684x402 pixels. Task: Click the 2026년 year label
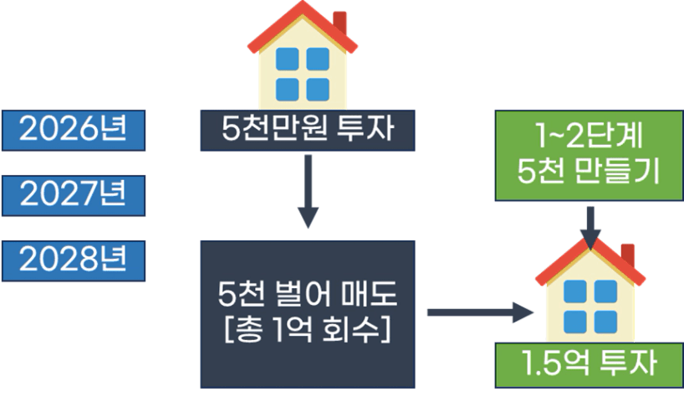click(73, 130)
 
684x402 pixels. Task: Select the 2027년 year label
click(73, 195)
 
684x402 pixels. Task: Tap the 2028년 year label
click(73, 260)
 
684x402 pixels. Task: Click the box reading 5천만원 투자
click(307, 130)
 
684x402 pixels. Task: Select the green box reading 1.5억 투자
click(588, 365)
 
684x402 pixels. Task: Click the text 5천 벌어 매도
click(307, 296)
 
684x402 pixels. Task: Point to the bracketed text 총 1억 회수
click(307, 328)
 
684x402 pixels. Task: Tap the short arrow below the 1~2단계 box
click(591, 224)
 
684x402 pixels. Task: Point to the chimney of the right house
click(627, 253)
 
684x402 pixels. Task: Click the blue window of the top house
click(303, 73)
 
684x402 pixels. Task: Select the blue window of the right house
click(588, 307)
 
